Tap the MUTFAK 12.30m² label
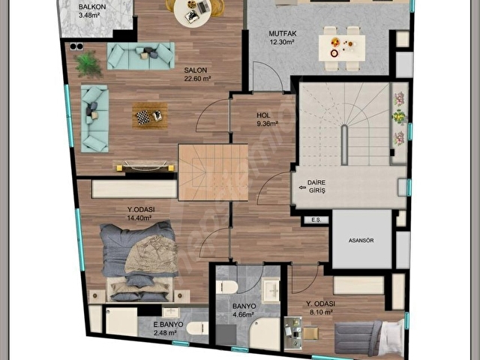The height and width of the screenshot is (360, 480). pyautogui.click(x=283, y=37)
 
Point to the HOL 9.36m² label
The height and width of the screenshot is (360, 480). pyautogui.click(x=267, y=119)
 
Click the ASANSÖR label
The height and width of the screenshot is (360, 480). pyautogui.click(x=361, y=241)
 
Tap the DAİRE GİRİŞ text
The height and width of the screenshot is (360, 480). pyautogui.click(x=316, y=187)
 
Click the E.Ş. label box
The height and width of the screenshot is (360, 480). pyautogui.click(x=316, y=220)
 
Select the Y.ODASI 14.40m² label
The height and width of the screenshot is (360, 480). pyautogui.click(x=141, y=214)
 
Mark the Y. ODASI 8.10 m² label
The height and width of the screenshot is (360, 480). pyautogui.click(x=320, y=307)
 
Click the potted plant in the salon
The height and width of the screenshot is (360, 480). pyautogui.click(x=88, y=64)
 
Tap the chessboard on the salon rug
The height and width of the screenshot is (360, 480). pyautogui.click(x=142, y=117)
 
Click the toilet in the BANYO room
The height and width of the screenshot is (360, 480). pyautogui.click(x=226, y=287)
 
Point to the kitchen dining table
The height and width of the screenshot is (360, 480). pyautogui.click(x=342, y=48)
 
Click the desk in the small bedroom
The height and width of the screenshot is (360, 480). pyautogui.click(x=293, y=333)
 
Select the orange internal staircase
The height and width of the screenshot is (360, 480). pyautogui.click(x=213, y=172)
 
